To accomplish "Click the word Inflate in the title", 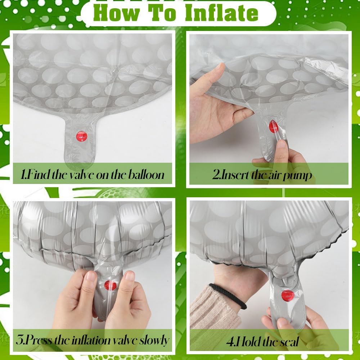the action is [221, 13].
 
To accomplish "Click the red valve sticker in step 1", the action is [82, 136].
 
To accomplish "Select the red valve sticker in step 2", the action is [274, 126].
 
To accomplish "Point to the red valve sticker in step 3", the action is [111, 285].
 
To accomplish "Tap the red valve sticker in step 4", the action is [288, 296].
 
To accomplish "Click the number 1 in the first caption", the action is [23, 175].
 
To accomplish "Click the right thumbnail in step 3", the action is [130, 276].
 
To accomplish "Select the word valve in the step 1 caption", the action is [82, 175].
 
